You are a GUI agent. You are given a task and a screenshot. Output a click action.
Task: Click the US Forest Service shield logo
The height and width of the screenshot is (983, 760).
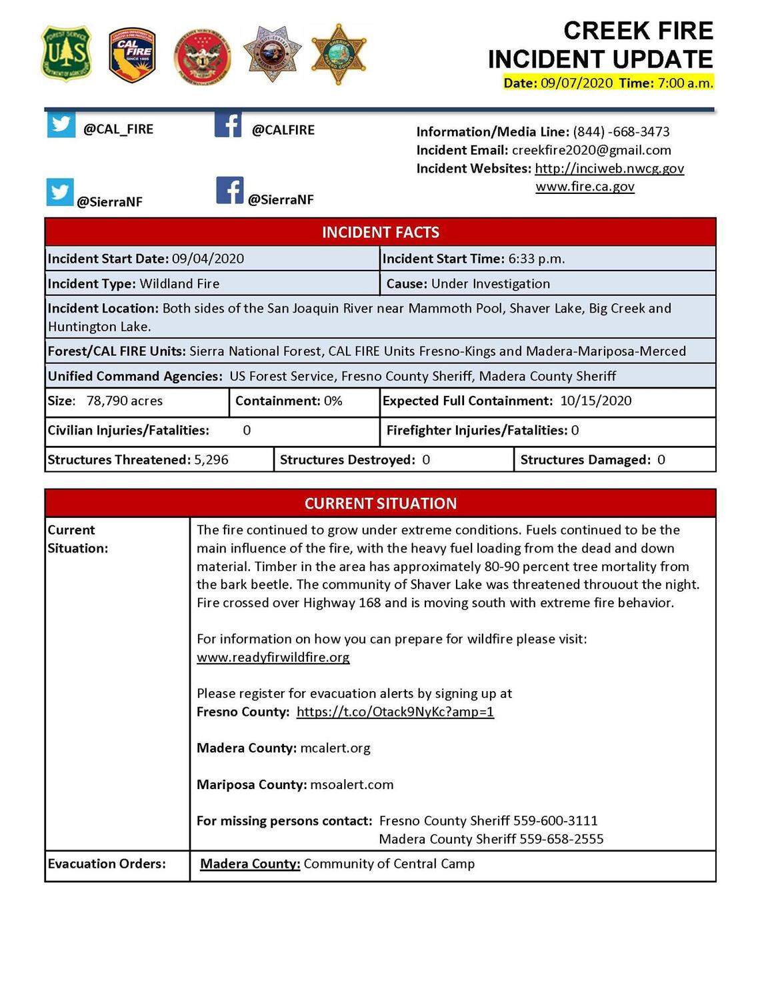(65, 54)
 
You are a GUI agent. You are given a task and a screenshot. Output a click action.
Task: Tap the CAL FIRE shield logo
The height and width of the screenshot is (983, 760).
(133, 55)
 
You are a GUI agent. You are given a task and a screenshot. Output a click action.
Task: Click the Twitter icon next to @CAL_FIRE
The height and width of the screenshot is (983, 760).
(61, 125)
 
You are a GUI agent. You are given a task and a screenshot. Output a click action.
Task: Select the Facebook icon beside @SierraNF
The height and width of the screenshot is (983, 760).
(229, 191)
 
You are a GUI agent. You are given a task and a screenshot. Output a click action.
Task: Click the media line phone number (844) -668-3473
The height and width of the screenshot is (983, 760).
(621, 132)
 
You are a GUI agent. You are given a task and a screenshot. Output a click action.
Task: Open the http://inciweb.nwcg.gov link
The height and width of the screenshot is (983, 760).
(609, 169)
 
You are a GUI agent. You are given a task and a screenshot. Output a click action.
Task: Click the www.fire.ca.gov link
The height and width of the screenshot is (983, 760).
(585, 187)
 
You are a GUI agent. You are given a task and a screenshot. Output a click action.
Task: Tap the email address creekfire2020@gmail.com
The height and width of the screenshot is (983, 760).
(591, 150)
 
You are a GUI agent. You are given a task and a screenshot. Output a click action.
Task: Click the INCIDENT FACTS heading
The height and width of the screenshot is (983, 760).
(380, 232)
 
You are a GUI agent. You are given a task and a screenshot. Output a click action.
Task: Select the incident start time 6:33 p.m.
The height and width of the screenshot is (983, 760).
(536, 259)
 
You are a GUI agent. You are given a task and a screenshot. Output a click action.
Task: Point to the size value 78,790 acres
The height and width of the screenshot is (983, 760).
(125, 401)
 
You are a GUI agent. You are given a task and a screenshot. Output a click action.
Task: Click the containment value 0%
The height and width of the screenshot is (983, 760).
(333, 401)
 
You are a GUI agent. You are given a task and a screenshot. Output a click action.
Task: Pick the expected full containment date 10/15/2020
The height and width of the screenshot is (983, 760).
(595, 401)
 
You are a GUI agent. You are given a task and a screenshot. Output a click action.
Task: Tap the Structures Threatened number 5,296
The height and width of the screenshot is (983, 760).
(211, 460)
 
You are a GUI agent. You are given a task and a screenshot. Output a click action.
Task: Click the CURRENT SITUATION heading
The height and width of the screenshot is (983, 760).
(380, 503)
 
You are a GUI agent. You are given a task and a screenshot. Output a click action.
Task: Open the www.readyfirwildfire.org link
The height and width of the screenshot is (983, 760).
(273, 657)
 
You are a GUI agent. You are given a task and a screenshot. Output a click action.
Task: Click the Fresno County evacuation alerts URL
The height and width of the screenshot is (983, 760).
(395, 712)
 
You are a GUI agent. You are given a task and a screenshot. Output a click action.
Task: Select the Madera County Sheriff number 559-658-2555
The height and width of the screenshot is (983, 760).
(561, 839)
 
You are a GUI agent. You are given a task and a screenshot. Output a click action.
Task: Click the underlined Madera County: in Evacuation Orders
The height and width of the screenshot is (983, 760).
(250, 864)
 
